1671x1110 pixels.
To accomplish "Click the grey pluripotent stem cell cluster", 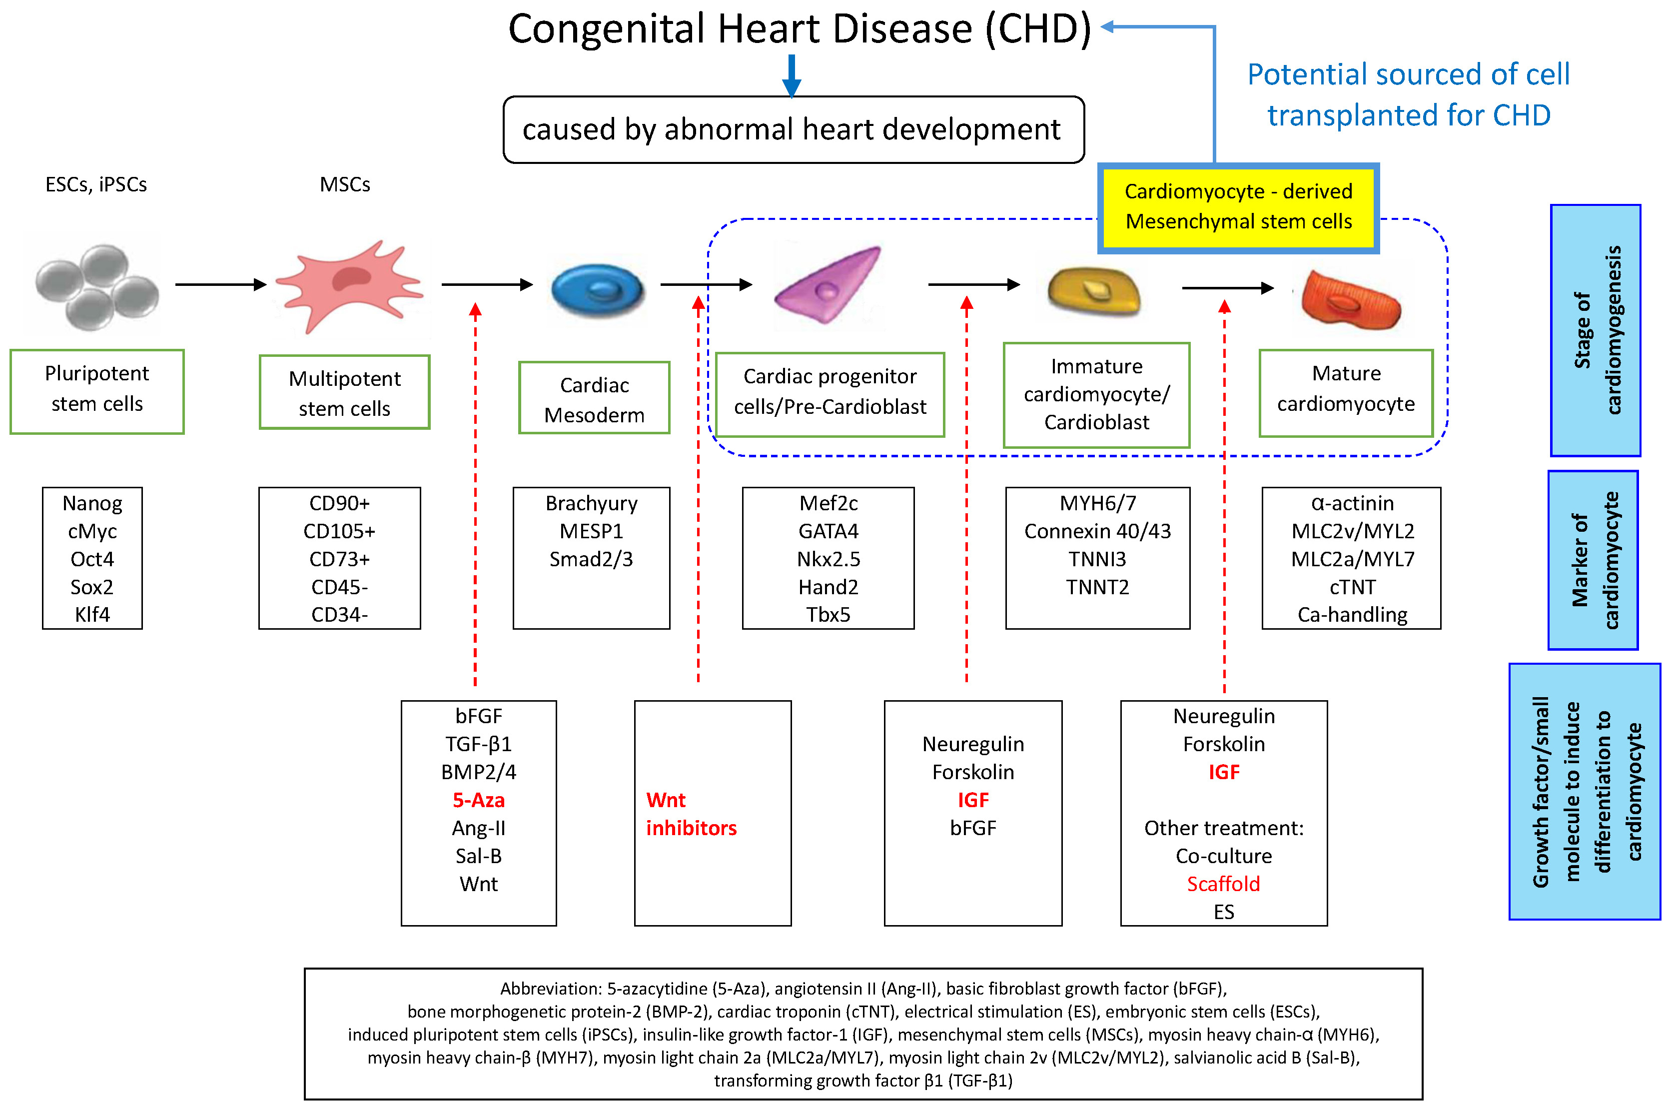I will click(97, 286).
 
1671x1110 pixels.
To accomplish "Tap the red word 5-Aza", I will click(478, 800).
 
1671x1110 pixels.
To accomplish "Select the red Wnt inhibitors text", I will click(691, 814).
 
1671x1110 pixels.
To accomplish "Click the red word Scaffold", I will click(1223, 884).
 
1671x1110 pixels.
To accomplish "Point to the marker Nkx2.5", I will click(828, 559).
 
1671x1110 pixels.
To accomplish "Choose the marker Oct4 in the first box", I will click(92, 559).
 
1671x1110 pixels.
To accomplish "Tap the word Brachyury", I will click(591, 503).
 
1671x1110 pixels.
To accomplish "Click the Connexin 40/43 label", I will click(1097, 531).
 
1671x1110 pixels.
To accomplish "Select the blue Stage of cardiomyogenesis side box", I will click(1595, 330).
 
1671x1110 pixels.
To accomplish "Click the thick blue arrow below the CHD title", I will click(791, 75).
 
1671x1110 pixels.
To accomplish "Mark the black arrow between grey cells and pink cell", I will click(220, 284).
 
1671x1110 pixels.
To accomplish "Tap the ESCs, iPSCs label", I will click(96, 185).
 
